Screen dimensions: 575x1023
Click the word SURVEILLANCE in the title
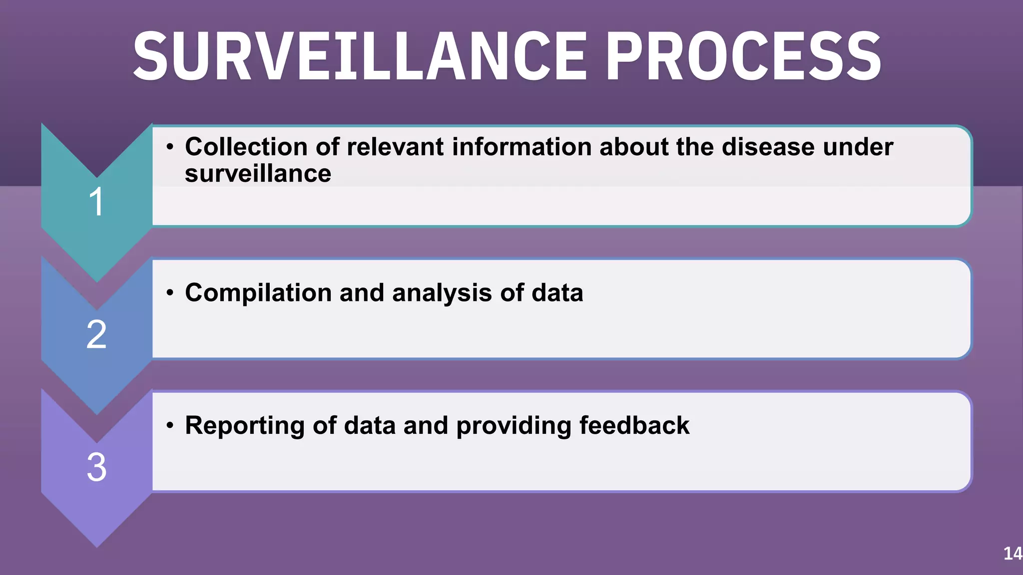click(x=360, y=56)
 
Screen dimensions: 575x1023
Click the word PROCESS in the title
click(x=744, y=56)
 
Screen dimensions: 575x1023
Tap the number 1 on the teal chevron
click(x=96, y=202)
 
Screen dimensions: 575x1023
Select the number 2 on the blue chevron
click(x=96, y=334)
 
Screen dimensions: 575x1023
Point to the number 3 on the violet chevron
click(x=96, y=467)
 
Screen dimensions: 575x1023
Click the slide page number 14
click(x=1013, y=553)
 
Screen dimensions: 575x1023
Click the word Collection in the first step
click(x=246, y=147)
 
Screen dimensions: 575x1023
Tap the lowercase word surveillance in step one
click(x=258, y=174)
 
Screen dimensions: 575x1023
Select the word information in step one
click(x=521, y=147)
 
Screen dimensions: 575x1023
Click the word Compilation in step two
click(x=258, y=292)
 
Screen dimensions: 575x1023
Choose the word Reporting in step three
click(x=244, y=426)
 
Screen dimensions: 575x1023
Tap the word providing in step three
click(x=513, y=426)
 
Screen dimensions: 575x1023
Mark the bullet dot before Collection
click(x=170, y=147)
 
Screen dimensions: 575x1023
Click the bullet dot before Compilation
click(x=170, y=292)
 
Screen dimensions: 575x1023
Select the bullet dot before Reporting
click(x=170, y=425)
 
